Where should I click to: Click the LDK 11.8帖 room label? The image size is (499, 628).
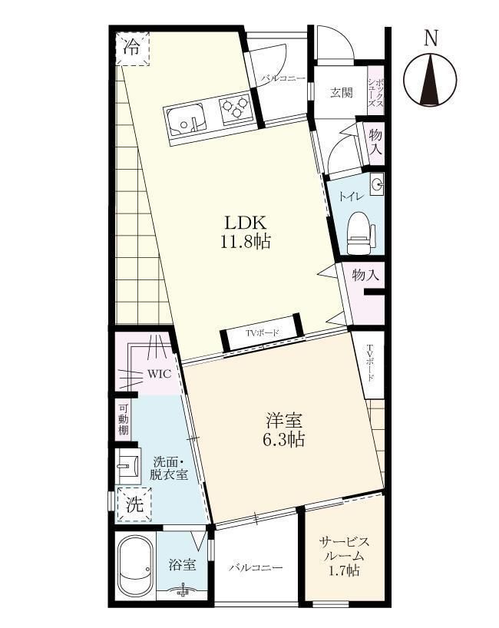[x=246, y=232]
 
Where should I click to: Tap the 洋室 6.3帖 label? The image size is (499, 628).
[x=283, y=429]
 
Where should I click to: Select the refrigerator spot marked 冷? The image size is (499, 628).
[x=133, y=48]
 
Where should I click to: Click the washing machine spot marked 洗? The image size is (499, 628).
[x=134, y=504]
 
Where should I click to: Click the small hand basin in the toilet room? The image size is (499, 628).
[x=376, y=184]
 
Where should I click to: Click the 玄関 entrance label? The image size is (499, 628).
[x=342, y=93]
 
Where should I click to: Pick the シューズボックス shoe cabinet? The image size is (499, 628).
[x=376, y=91]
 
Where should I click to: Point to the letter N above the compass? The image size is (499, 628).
[x=431, y=38]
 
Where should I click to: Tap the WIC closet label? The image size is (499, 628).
[x=160, y=374]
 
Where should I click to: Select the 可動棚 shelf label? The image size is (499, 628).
[x=124, y=419]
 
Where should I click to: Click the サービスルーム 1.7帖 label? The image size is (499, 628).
[x=344, y=557]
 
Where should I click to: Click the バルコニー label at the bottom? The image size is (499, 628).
[x=256, y=567]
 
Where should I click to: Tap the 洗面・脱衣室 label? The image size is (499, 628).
[x=170, y=468]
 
